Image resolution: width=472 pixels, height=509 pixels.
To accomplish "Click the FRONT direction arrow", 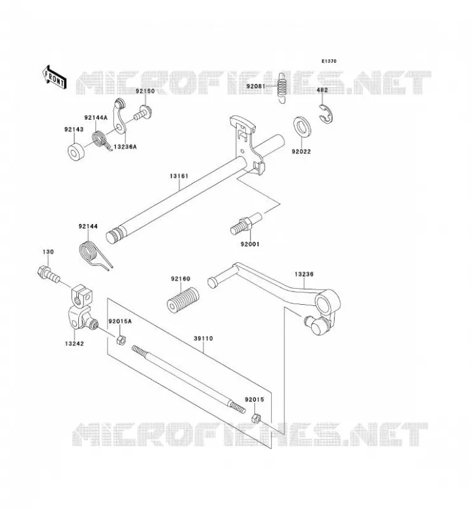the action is pos(54,77).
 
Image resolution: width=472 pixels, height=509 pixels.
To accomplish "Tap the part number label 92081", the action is pos(256,87).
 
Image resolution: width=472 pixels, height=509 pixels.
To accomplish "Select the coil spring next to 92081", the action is pos(282,87).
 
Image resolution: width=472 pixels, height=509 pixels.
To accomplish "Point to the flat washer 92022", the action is pos(302,126).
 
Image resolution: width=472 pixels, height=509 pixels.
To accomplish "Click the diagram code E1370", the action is pos(329,61).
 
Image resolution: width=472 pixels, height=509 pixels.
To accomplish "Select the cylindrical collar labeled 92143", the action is pos(76,152).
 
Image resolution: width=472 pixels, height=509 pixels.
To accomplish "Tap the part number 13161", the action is pos(179,176).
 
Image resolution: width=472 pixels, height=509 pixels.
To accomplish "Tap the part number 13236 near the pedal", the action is pos(304,274).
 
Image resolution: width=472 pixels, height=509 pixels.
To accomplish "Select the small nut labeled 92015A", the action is pos(121,340).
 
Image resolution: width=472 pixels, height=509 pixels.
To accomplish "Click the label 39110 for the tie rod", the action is pos(203,338).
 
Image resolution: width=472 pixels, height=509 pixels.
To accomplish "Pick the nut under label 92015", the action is pos(256,418).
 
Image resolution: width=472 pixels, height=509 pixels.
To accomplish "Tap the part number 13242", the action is pos(74,344).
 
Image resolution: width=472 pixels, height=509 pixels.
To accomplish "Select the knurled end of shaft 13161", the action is pos(115,235).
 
